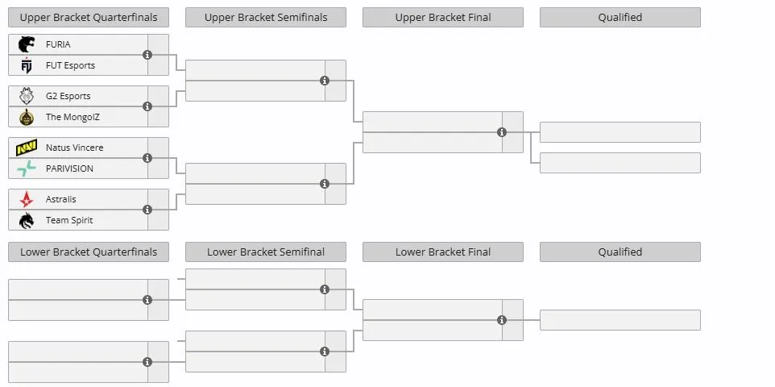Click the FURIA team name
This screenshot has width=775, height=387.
point(58,44)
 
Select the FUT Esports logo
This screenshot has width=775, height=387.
point(27,65)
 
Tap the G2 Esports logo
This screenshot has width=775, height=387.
point(27,95)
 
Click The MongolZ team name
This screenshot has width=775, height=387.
point(73,117)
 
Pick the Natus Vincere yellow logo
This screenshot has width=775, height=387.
point(27,148)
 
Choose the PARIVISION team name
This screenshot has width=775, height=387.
point(69,169)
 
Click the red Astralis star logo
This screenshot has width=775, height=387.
point(27,199)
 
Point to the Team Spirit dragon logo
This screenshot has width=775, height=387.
point(27,220)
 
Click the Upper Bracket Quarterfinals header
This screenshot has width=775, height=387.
point(89,17)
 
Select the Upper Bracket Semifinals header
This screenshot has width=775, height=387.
point(266,17)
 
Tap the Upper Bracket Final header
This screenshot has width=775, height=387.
point(443,17)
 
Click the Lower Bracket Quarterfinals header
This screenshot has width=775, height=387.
point(89,252)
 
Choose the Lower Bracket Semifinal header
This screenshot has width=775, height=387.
point(266,252)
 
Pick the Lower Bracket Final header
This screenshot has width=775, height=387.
point(443,252)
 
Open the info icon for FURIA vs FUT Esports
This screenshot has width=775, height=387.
point(147,55)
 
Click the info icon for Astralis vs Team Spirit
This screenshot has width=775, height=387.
point(147,210)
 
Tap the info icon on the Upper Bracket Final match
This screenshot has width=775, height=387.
point(502,132)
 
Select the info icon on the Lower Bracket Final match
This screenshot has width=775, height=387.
point(502,320)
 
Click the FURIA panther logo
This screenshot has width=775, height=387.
point(27,44)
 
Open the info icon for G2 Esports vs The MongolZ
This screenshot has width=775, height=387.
point(147,106)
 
